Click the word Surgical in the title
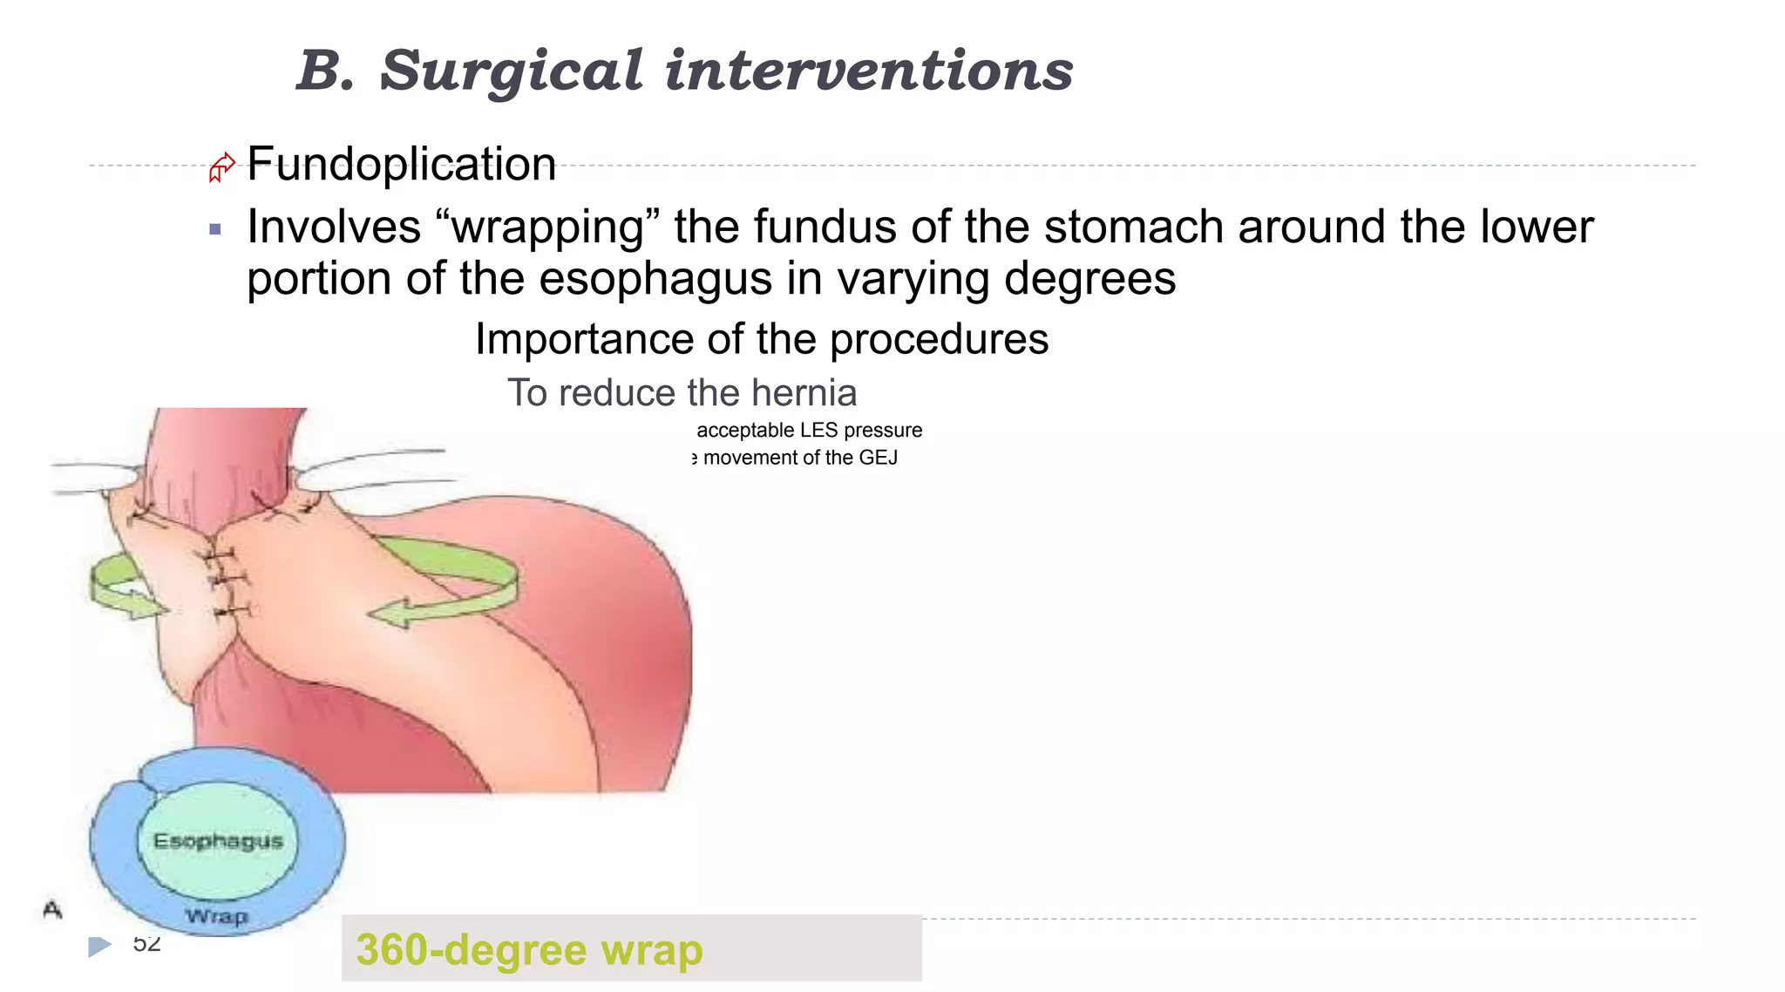click(x=512, y=71)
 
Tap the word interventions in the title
click(x=869, y=71)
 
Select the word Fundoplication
click(x=402, y=164)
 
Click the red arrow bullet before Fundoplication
click(x=221, y=166)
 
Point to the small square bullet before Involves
click(x=215, y=230)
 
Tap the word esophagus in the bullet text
click(x=655, y=279)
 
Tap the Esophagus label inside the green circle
click(x=218, y=841)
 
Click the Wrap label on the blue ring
click(x=217, y=916)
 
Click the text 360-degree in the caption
click(x=472, y=950)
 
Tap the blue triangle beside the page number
click(x=99, y=946)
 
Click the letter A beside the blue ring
click(x=52, y=910)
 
